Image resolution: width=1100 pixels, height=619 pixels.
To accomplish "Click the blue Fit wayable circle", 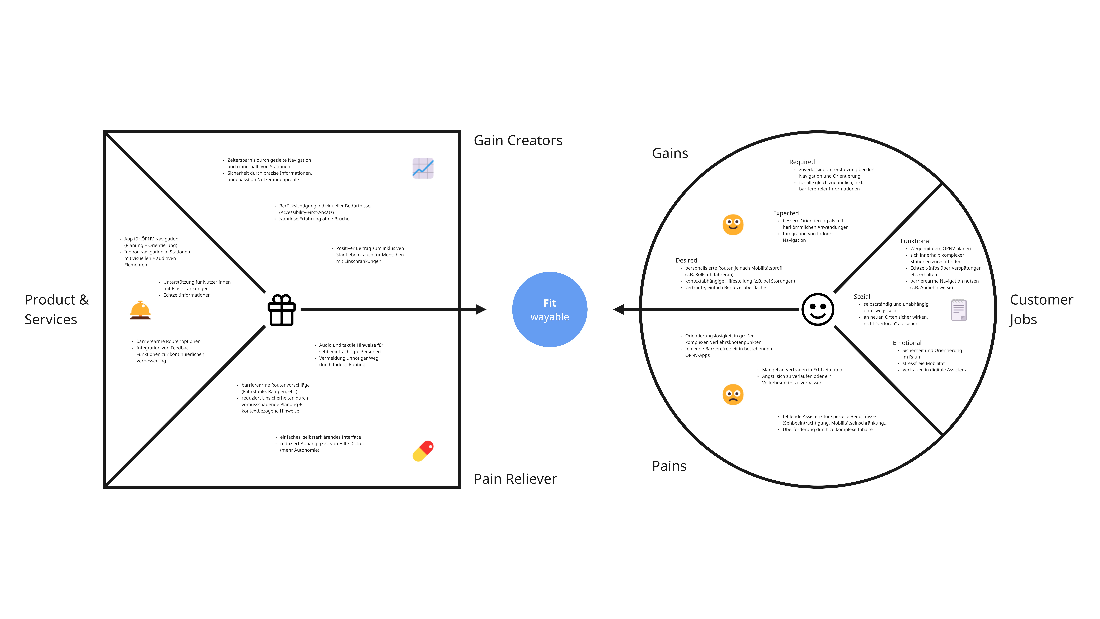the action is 550,309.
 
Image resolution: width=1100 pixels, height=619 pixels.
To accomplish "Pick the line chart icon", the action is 423,168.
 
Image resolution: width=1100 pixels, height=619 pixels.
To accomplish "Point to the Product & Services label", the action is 57,309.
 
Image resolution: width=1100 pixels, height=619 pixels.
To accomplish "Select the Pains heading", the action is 669,466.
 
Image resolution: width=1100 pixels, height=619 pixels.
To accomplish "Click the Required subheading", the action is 802,162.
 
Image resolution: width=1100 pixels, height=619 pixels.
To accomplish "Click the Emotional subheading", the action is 907,343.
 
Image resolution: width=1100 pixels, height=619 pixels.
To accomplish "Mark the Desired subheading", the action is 686,260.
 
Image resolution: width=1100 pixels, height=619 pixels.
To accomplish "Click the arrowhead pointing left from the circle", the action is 618,309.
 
